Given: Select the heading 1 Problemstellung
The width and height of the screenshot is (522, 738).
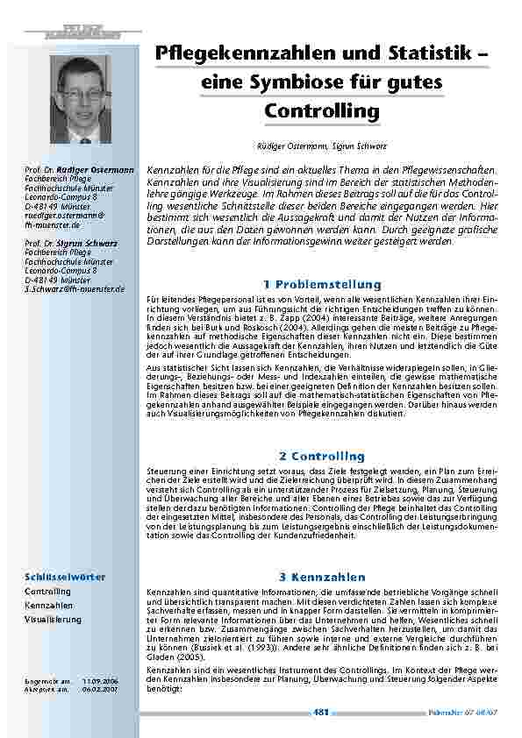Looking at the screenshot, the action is (322, 285).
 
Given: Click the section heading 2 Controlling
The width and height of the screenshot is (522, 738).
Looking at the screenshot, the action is (322, 456).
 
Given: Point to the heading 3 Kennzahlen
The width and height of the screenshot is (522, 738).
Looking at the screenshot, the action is (322, 578).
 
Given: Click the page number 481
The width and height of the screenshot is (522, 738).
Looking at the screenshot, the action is (321, 713).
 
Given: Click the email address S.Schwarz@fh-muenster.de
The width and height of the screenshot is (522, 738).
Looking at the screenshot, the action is (75, 288).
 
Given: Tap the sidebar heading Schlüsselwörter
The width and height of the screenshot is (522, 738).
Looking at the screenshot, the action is (65, 577).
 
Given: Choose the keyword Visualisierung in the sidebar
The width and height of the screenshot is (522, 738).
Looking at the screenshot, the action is (53, 619).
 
